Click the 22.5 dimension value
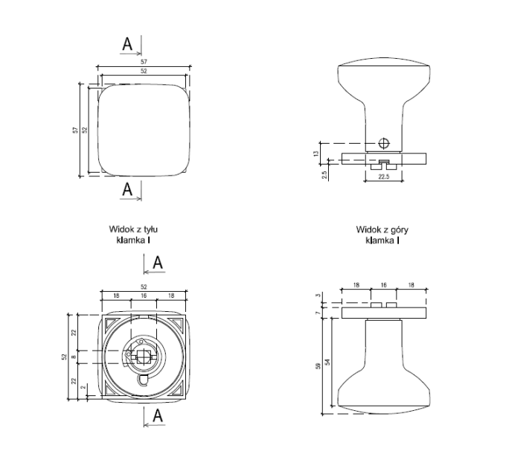pyautogui.click(x=384, y=176)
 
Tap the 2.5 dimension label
pyautogui.click(x=324, y=175)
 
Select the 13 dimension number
pyautogui.click(x=316, y=153)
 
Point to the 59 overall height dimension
pyautogui.click(x=318, y=366)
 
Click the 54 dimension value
pyautogui.click(x=328, y=362)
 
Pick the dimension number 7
pyautogui.click(x=318, y=313)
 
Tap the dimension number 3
pyautogui.click(x=318, y=296)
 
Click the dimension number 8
pyautogui.click(x=74, y=357)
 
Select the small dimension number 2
pyautogui.click(x=84, y=387)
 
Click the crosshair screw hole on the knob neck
pyautogui.click(x=384, y=143)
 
